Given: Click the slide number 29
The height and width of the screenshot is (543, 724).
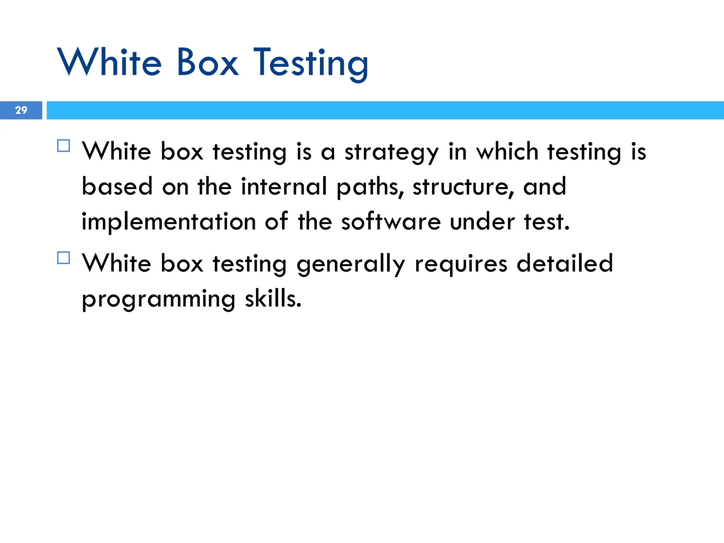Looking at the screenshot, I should click(21, 110).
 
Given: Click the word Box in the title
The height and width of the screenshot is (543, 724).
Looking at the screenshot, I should click(208, 63).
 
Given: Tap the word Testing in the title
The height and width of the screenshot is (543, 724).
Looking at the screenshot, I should click(311, 64).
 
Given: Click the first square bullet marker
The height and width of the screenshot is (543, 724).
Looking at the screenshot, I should click(63, 146).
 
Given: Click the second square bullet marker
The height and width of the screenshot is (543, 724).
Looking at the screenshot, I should click(63, 258).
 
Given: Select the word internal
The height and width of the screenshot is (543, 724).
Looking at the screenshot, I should click(284, 187).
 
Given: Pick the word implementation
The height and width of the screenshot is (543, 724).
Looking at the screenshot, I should click(169, 222).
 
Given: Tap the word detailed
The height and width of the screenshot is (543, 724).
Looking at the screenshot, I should click(565, 263).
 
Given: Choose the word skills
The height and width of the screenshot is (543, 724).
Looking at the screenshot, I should click(273, 299).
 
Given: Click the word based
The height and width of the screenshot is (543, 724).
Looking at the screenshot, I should click(117, 187).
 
